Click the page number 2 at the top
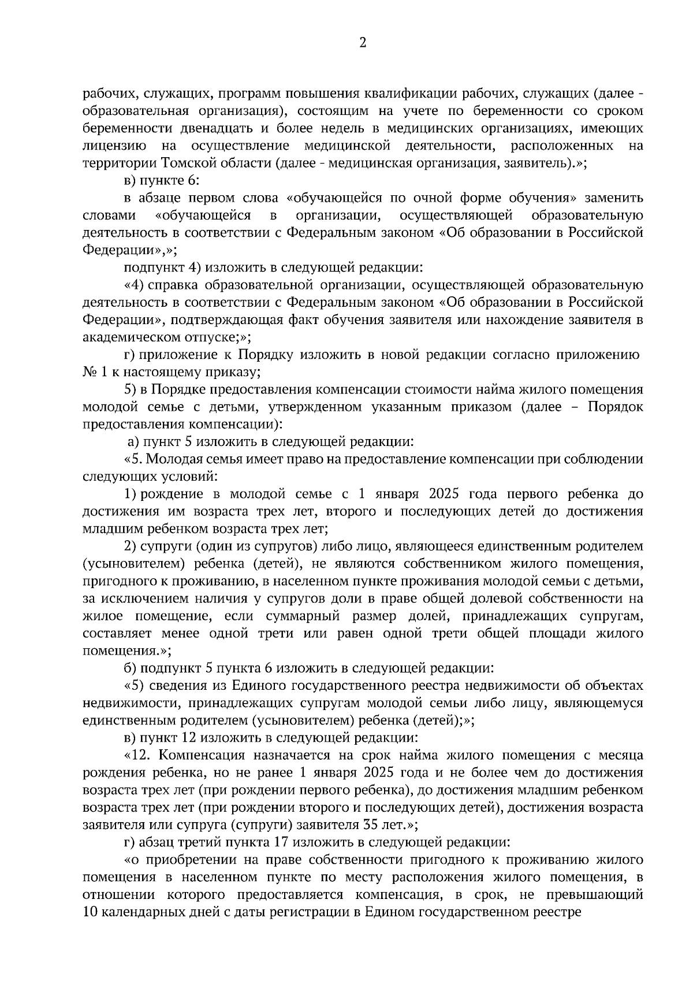tap(363, 43)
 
